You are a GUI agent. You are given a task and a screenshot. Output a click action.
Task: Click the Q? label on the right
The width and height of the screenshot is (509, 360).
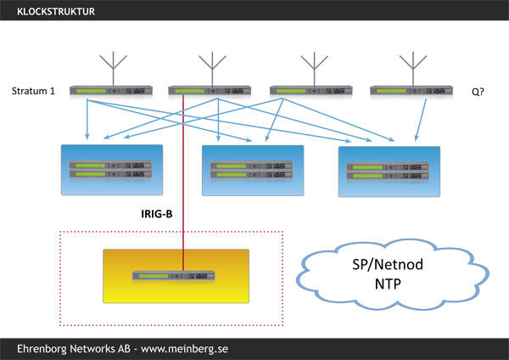pos(479,90)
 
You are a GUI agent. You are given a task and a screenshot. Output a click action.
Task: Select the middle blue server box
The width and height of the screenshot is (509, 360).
pos(252,170)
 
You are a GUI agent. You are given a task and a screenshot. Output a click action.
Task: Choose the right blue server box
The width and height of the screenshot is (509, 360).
pos(389,171)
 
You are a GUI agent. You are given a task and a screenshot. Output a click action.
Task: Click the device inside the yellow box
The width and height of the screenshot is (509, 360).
pos(175,276)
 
